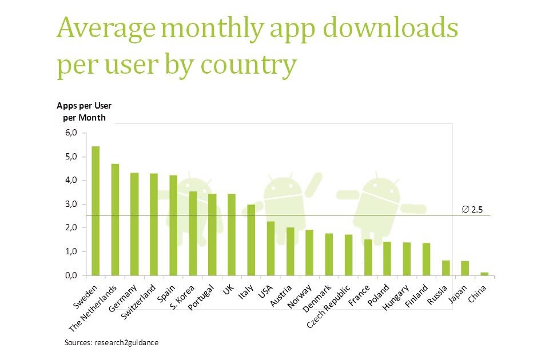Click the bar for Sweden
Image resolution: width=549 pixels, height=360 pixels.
click(96, 211)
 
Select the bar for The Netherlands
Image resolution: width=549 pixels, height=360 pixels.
click(115, 219)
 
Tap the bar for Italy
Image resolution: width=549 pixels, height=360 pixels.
click(250, 240)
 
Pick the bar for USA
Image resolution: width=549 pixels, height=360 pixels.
click(270, 248)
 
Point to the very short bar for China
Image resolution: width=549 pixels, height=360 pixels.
click(484, 274)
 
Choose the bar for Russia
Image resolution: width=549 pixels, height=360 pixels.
click(445, 268)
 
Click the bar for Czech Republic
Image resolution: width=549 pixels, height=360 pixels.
click(348, 255)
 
